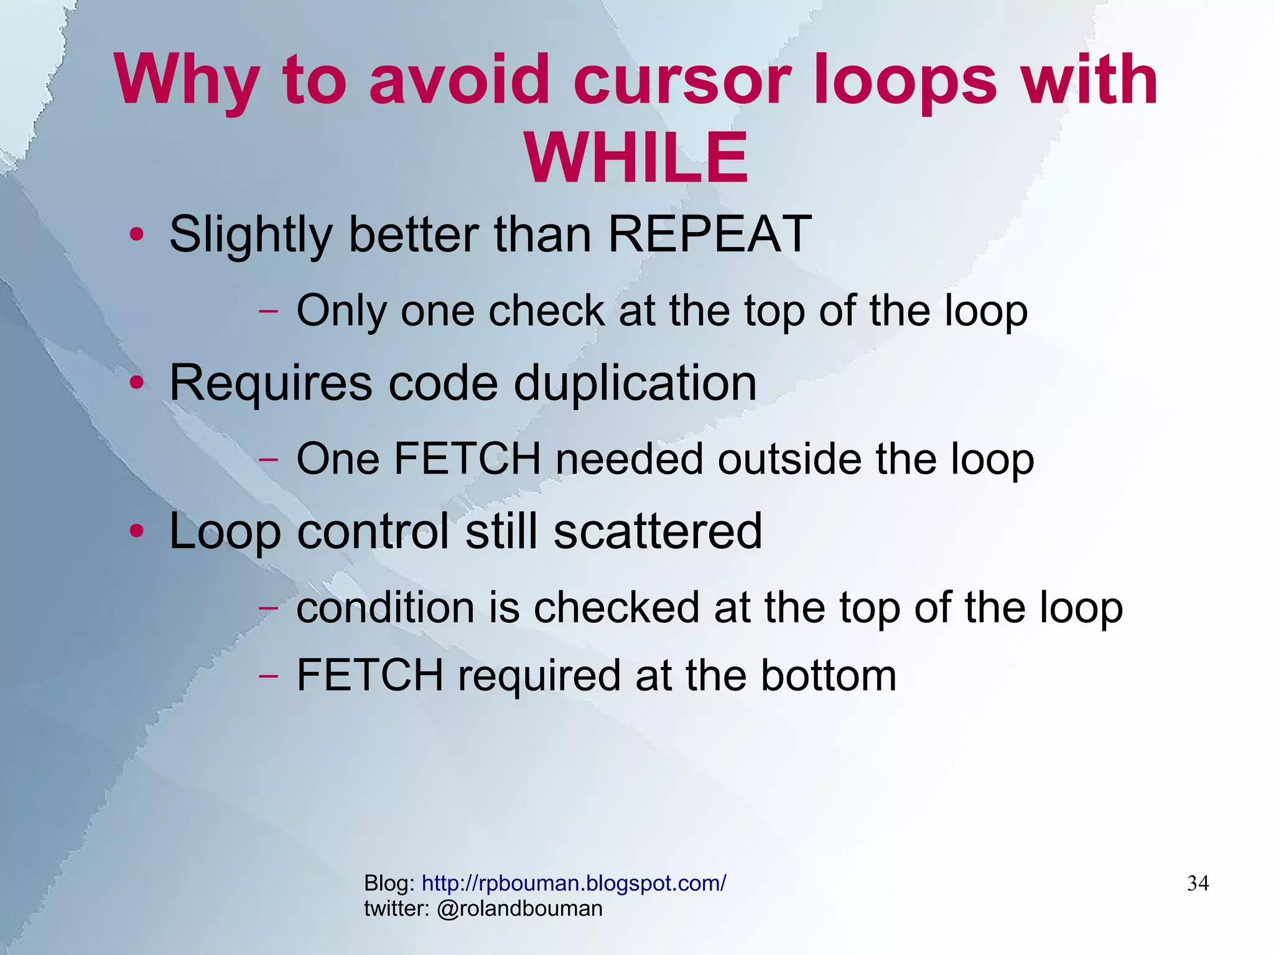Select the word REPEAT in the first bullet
(709, 234)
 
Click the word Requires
(271, 384)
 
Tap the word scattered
(658, 531)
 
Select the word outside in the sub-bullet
(789, 459)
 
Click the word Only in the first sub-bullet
(342, 310)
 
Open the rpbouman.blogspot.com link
(574, 883)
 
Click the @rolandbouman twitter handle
(519, 908)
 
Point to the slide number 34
(1197, 883)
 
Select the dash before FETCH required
(268, 676)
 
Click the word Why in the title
(186, 82)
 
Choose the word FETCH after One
(467, 459)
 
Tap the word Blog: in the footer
(389, 883)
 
